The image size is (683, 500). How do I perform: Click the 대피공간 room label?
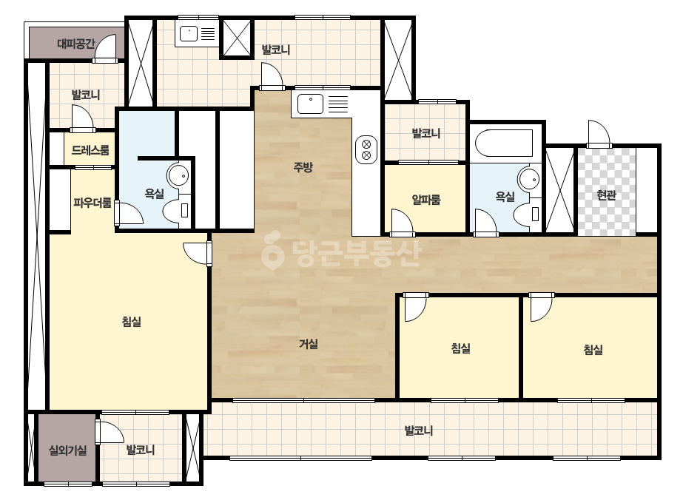(75, 44)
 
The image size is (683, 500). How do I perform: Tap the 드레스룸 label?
(90, 150)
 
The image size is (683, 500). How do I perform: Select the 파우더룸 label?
(92, 203)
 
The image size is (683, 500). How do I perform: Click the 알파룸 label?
(426, 200)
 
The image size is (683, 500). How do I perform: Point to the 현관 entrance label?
(606, 195)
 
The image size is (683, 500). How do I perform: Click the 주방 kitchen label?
(303, 167)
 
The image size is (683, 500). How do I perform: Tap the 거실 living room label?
(308, 344)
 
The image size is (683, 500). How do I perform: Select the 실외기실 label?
(67, 450)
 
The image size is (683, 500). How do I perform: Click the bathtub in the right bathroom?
(504, 143)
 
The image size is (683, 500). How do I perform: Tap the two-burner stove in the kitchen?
(366, 149)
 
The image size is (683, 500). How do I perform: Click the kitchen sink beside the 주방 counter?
(311, 104)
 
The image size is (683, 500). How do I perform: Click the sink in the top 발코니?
(189, 33)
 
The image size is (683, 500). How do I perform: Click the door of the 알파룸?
(403, 222)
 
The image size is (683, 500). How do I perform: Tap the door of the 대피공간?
(105, 48)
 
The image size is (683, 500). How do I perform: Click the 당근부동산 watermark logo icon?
(272, 254)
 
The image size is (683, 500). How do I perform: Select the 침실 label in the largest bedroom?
(132, 322)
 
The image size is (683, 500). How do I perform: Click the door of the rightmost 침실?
(542, 308)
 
